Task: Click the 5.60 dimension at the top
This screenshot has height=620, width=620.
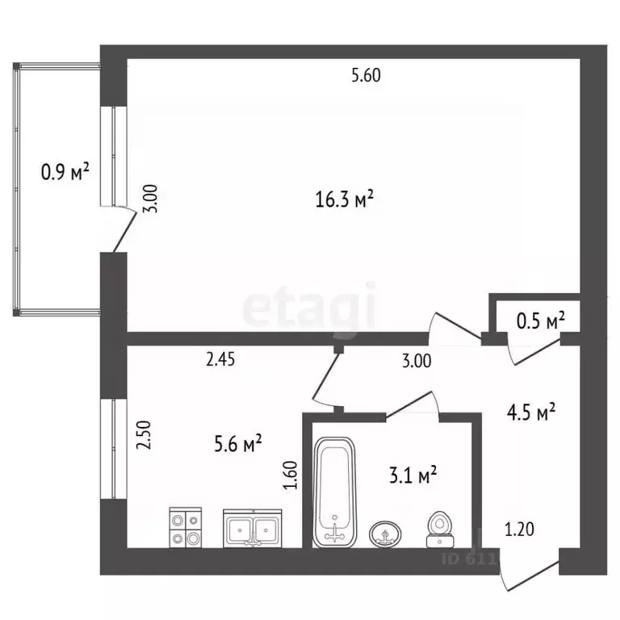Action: pyautogui.click(x=365, y=77)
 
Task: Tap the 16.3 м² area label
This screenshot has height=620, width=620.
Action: pyautogui.click(x=344, y=199)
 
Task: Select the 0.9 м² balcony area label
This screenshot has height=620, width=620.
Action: pyautogui.click(x=65, y=171)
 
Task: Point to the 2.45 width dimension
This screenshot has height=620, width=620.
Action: pyautogui.click(x=220, y=361)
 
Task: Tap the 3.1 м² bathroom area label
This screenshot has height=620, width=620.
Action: pyautogui.click(x=413, y=475)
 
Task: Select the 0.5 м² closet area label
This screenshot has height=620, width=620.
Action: pyautogui.click(x=540, y=321)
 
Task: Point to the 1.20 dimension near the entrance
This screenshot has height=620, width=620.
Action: pyautogui.click(x=518, y=530)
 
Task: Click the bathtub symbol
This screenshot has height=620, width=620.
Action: pyautogui.click(x=334, y=491)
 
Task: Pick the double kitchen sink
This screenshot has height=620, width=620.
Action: pyautogui.click(x=253, y=529)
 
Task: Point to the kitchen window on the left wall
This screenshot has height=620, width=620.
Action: pyautogui.click(x=114, y=448)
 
